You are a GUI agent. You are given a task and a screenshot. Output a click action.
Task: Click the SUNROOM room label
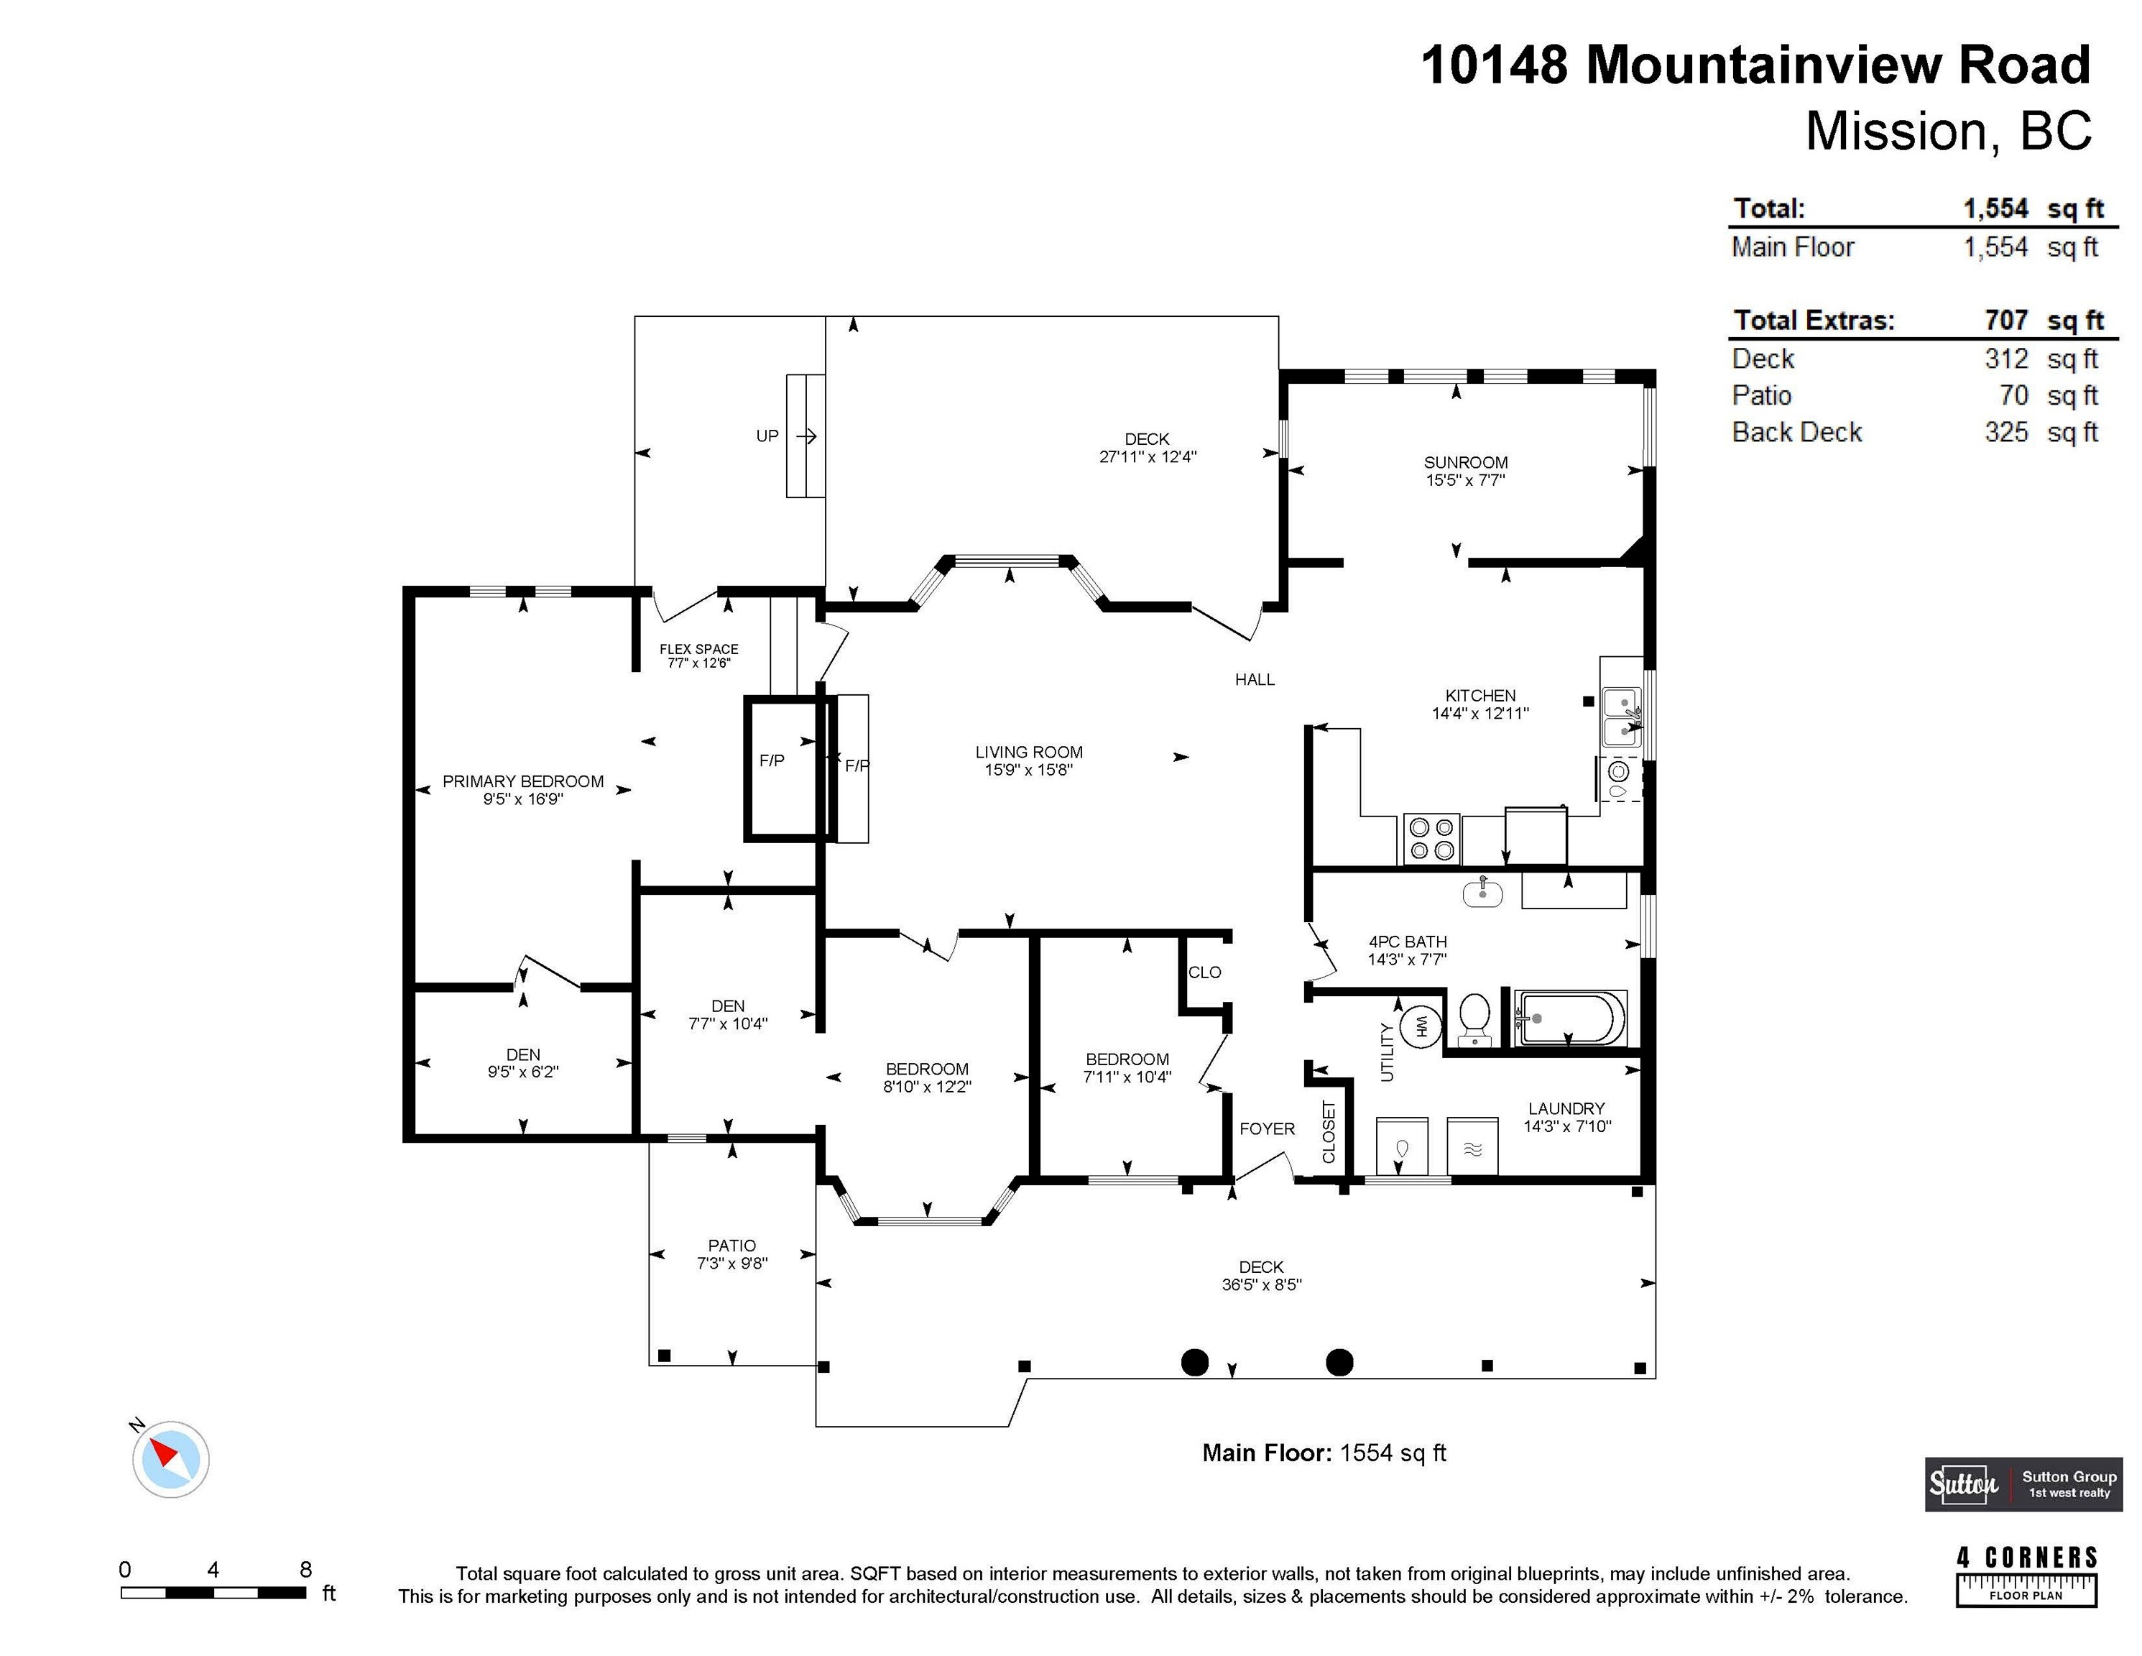(x=1465, y=462)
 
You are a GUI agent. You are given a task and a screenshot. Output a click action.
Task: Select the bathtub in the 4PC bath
(x=1569, y=1018)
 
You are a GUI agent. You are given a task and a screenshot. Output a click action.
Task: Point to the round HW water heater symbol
(x=1419, y=1026)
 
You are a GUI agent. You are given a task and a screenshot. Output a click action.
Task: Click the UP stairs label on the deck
(x=767, y=436)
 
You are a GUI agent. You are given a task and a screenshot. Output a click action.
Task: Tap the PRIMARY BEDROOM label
(x=523, y=781)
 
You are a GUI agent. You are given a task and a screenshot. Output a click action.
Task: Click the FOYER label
(x=1266, y=1128)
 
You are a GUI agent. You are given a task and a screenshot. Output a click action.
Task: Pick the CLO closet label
(x=1204, y=972)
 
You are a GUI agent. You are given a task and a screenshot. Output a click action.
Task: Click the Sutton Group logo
(x=2022, y=1484)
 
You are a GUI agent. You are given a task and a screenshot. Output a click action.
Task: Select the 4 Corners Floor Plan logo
(x=2026, y=1576)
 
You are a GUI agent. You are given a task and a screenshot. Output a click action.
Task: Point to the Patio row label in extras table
(x=1761, y=395)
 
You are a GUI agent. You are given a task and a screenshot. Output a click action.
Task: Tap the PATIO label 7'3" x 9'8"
(x=731, y=1253)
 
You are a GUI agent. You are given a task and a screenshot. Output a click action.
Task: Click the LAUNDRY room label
(x=1566, y=1108)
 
